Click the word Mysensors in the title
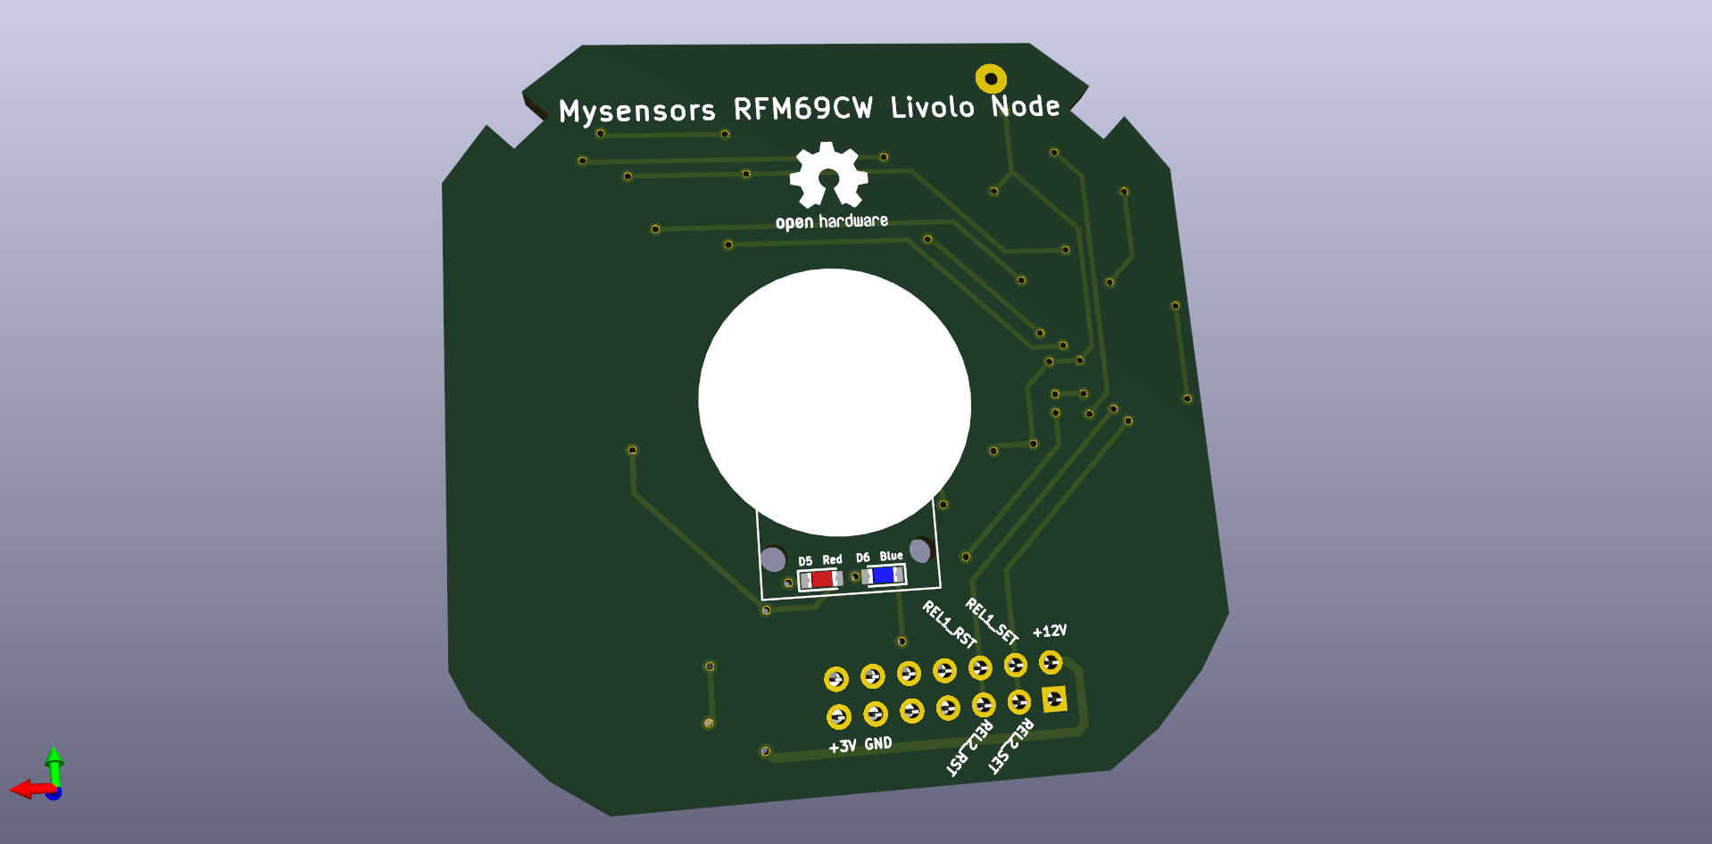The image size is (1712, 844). (636, 112)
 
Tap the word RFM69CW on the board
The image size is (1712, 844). (802, 109)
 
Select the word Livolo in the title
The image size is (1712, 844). (932, 107)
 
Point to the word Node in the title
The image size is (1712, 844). (1026, 105)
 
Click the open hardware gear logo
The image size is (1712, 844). (828, 175)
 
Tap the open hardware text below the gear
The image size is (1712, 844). (831, 221)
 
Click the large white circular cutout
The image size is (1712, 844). (834, 401)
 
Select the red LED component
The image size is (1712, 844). (820, 580)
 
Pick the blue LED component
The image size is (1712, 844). (884, 575)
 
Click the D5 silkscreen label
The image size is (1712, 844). (805, 561)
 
